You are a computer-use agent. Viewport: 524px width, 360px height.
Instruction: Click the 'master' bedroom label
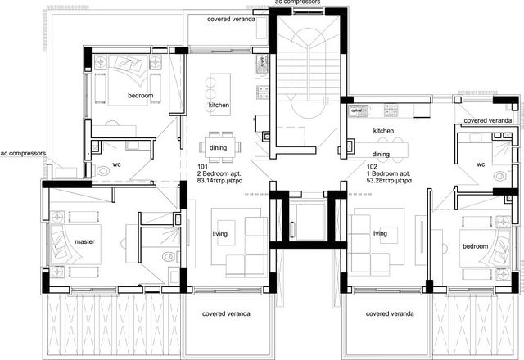(x=84, y=241)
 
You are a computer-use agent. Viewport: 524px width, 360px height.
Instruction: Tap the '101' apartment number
(x=202, y=167)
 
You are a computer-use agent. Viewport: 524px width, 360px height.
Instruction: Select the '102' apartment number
(x=372, y=167)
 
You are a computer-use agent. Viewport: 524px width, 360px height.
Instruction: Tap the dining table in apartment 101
(x=220, y=147)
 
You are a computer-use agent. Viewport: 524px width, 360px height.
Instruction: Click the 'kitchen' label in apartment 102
(x=383, y=131)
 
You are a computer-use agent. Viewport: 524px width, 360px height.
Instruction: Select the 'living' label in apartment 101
(x=220, y=234)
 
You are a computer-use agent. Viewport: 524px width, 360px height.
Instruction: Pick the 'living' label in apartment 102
(x=380, y=233)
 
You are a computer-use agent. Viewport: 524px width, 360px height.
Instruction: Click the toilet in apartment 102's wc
(x=499, y=177)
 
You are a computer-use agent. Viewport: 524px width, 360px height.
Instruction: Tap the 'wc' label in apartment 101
(x=116, y=164)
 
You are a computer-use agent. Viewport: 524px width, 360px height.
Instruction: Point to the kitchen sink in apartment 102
(x=358, y=111)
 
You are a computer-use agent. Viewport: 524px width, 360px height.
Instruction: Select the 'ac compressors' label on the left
(x=23, y=154)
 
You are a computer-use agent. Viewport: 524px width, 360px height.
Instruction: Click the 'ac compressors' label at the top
(x=297, y=2)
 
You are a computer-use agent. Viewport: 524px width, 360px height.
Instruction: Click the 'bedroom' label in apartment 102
(x=475, y=246)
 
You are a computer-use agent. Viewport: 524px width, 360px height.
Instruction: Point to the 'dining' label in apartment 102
(x=381, y=155)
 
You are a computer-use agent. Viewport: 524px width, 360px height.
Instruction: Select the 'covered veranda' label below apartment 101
(x=226, y=313)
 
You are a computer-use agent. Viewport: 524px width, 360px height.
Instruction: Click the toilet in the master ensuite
(x=169, y=256)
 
